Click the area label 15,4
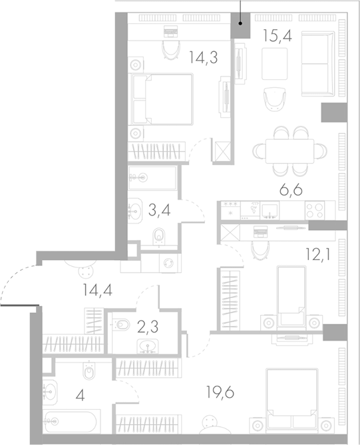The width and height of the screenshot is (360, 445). click(277, 35)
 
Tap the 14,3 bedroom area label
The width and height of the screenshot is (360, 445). click(204, 57)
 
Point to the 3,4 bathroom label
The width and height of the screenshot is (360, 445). click(159, 210)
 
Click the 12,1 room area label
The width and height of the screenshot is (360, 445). click(317, 255)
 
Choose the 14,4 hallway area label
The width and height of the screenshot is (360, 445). click(98, 290)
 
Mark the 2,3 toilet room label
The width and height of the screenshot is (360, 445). click(148, 327)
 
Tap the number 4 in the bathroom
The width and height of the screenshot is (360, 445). click(81, 395)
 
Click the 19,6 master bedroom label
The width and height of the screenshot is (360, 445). click(221, 392)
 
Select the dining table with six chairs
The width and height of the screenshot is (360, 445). click(290, 151)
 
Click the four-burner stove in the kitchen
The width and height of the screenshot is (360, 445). click(315, 210)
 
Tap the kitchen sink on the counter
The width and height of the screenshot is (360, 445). click(269, 210)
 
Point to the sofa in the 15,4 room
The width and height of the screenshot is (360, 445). click(317, 64)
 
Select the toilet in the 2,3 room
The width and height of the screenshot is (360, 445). click(121, 324)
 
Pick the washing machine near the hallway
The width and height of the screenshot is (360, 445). click(170, 263)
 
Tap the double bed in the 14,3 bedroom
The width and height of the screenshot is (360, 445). click(162, 98)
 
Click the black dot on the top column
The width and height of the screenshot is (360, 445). click(240, 23)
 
